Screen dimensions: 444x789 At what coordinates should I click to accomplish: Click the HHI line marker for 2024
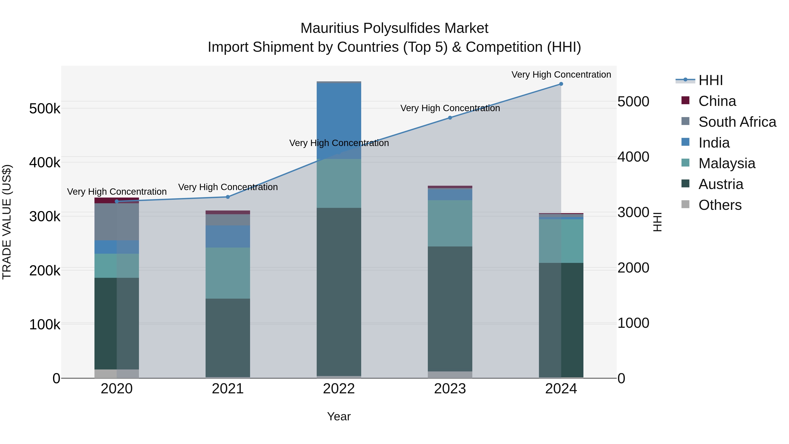click(x=561, y=84)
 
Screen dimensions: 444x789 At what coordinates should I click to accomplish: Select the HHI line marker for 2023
click(x=450, y=118)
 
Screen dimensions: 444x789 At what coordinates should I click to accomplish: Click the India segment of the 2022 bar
click(x=339, y=121)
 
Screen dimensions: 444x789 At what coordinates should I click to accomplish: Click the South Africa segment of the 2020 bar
click(x=116, y=222)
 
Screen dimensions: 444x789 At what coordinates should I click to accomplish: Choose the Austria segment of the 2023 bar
click(x=450, y=309)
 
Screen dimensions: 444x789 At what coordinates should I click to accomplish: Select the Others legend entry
click(x=720, y=205)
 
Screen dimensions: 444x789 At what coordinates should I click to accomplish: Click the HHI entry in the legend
click(x=710, y=80)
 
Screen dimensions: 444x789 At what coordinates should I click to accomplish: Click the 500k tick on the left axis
click(x=45, y=109)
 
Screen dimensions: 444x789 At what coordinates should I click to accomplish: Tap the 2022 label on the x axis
click(x=339, y=389)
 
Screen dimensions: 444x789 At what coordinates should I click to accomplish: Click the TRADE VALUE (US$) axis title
click(x=7, y=222)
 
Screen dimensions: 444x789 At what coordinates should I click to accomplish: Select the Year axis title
click(x=339, y=416)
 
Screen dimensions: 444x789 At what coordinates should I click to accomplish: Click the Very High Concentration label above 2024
click(x=561, y=75)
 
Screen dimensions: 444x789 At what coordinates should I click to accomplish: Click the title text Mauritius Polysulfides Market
click(x=394, y=28)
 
